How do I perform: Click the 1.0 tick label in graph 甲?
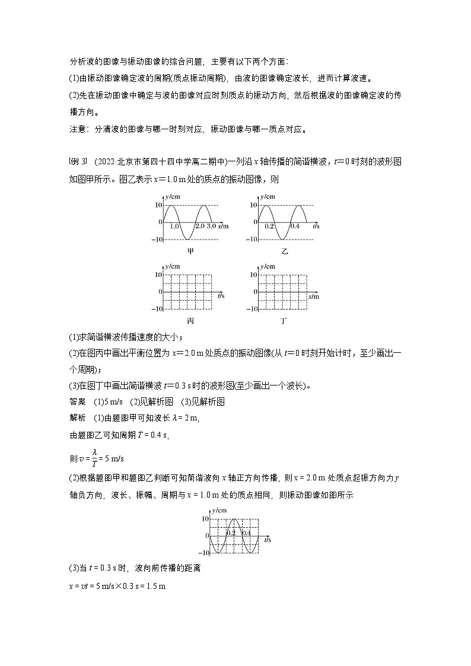174,227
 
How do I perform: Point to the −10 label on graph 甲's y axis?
157,240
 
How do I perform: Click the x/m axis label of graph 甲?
224,227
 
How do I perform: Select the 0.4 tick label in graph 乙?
295,227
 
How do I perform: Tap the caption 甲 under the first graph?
190,251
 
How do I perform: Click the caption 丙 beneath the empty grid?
190,321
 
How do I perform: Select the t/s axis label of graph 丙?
220,295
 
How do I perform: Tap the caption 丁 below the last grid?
284,321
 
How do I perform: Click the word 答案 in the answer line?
78,401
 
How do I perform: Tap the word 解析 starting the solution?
78,418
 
